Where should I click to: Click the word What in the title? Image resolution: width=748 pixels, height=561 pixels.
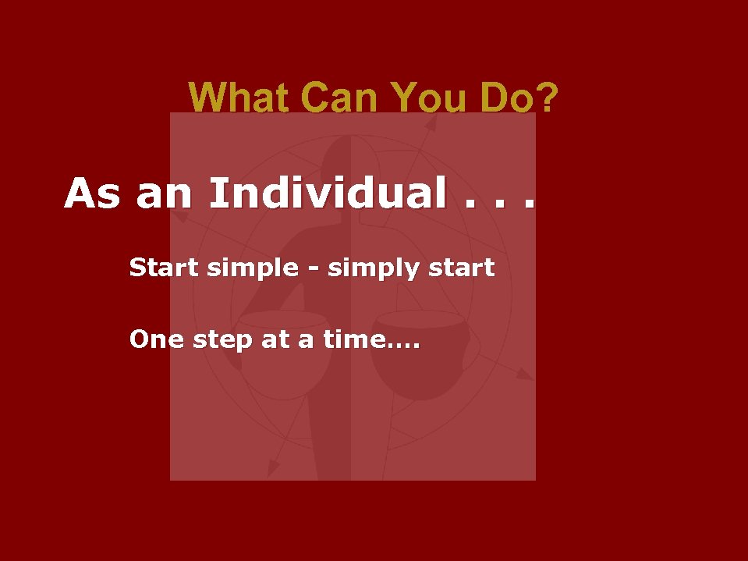(x=239, y=98)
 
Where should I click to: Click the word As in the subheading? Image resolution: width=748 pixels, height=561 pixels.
(x=92, y=194)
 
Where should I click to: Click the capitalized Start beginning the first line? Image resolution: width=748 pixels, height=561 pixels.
(x=165, y=268)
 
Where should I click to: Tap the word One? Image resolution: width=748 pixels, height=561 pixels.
(x=154, y=340)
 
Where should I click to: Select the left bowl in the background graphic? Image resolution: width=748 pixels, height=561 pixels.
(x=282, y=343)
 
